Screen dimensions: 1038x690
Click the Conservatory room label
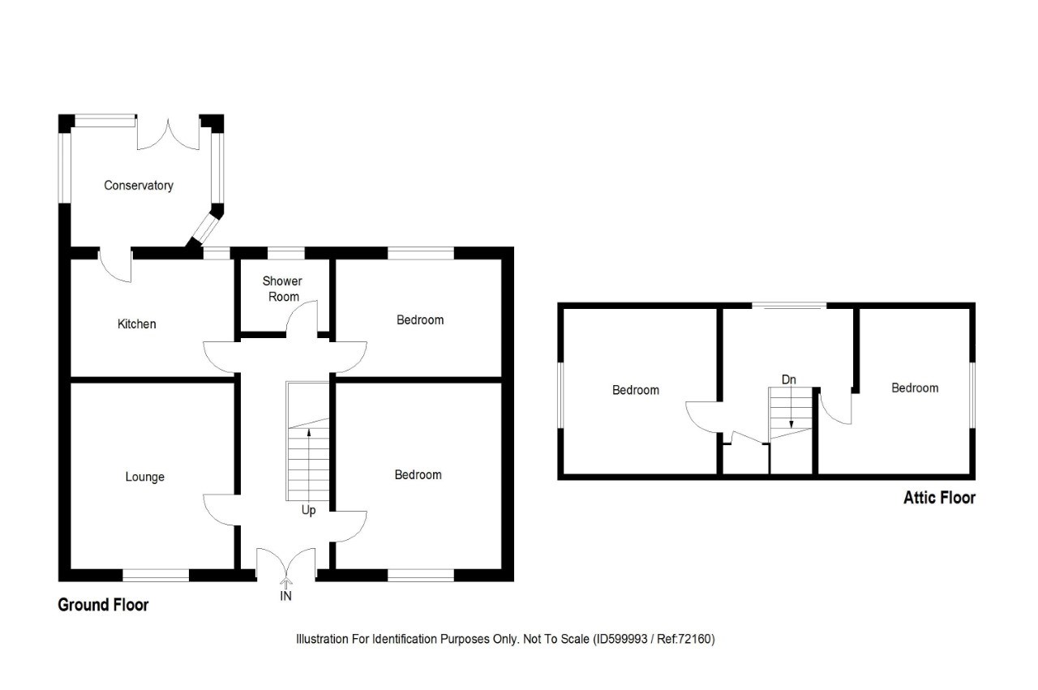139,186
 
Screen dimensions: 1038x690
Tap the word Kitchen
137,324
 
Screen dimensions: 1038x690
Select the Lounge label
145,477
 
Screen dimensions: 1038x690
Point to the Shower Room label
283,289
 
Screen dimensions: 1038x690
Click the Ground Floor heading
103,605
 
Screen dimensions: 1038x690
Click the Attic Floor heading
939,498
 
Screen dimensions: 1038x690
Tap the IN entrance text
286,596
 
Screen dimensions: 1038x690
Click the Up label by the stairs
309,510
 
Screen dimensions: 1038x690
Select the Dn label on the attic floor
789,379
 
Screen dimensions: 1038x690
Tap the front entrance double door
286,563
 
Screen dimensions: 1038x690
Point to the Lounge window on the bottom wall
156,575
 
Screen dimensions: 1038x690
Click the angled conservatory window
205,229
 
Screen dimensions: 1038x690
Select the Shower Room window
286,253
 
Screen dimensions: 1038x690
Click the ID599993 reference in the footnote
621,640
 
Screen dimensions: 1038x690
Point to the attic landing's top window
789,306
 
